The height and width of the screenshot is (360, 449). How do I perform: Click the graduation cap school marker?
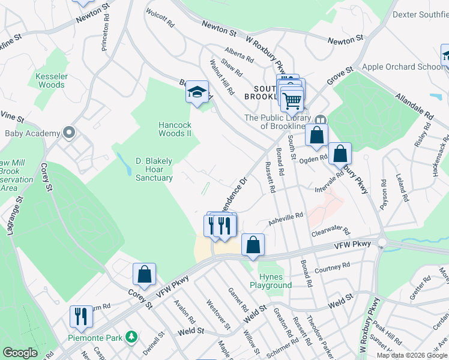[x=196, y=92]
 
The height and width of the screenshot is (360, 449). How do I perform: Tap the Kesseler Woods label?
[x=51, y=80]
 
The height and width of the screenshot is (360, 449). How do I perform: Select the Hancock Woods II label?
[x=174, y=129]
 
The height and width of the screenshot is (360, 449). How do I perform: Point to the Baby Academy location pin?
[x=69, y=133]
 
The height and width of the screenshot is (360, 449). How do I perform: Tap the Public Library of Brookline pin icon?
[x=321, y=119]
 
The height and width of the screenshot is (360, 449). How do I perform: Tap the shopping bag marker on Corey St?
[x=145, y=274]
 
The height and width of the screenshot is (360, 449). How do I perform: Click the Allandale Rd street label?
[x=414, y=104]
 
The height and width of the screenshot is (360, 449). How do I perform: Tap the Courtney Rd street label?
[x=327, y=271]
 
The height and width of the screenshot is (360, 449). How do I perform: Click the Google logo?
[x=20, y=353]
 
